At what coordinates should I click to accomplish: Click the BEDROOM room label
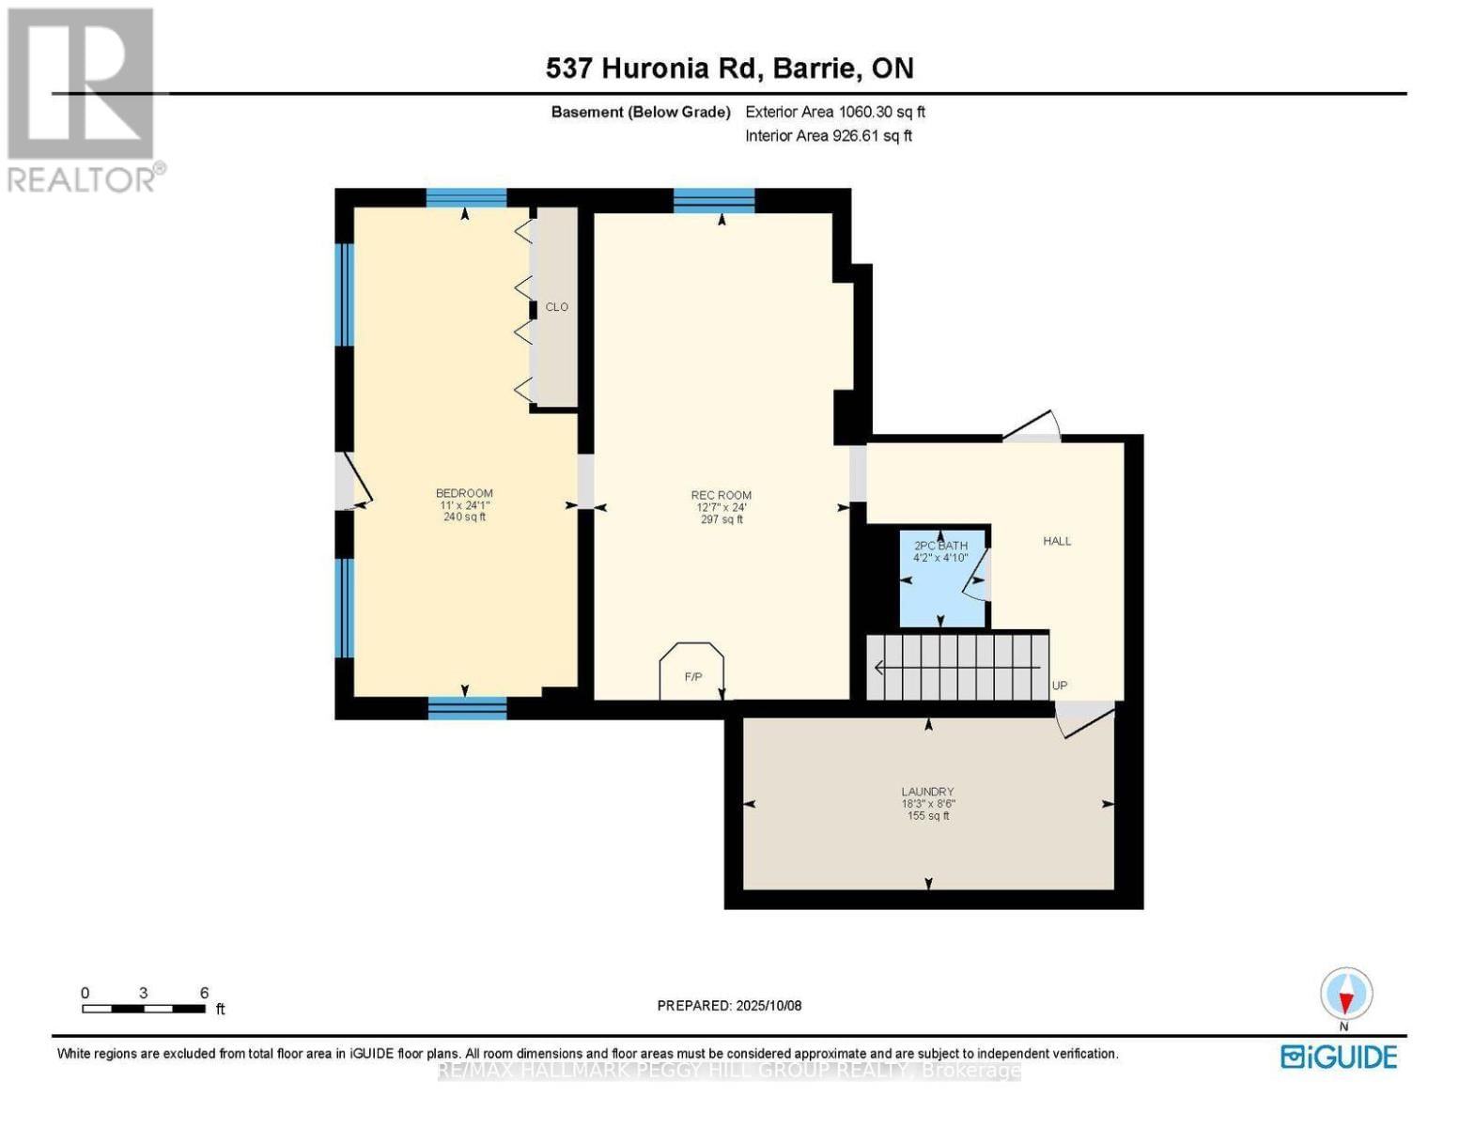pyautogui.click(x=464, y=494)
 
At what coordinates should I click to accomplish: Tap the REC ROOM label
pyautogui.click(x=721, y=496)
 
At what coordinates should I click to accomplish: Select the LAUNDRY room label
pyautogui.click(x=927, y=793)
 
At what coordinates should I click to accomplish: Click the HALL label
pyautogui.click(x=1057, y=541)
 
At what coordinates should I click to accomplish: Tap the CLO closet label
pyautogui.click(x=556, y=307)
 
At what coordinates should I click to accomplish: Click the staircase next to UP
pyautogui.click(x=956, y=668)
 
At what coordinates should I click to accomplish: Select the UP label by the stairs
pyautogui.click(x=1060, y=686)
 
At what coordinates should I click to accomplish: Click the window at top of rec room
pyautogui.click(x=714, y=200)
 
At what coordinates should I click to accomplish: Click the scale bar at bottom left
pyautogui.click(x=144, y=1009)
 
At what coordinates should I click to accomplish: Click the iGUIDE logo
pyautogui.click(x=1339, y=1057)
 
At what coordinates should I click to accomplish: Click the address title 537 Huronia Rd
pyautogui.click(x=729, y=69)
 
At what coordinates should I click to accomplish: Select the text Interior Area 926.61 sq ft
pyautogui.click(x=828, y=136)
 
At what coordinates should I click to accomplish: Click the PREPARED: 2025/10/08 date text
pyautogui.click(x=729, y=1006)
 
